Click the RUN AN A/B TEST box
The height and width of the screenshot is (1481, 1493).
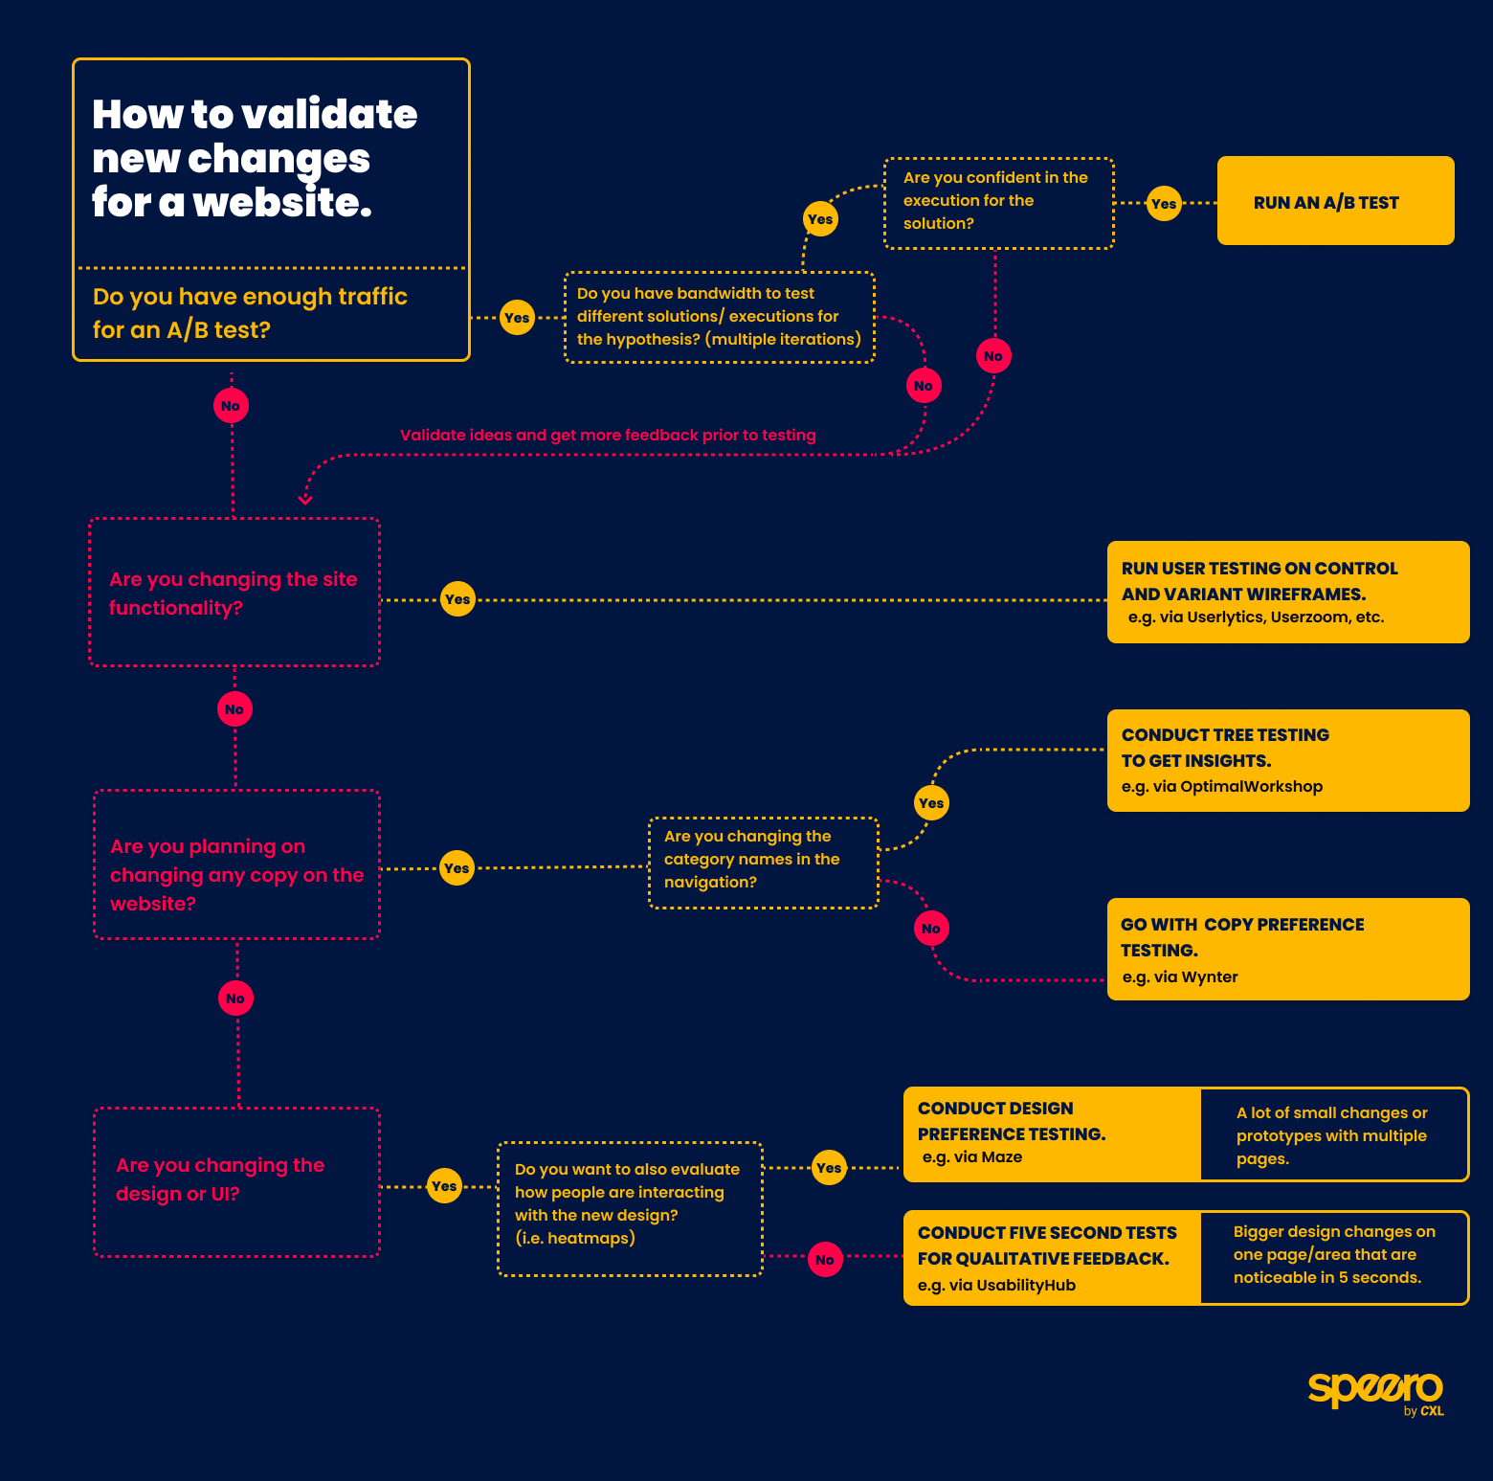pyautogui.click(x=1335, y=201)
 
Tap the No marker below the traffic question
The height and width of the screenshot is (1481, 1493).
pyautogui.click(x=231, y=406)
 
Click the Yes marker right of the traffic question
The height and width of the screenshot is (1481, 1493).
pyautogui.click(x=517, y=318)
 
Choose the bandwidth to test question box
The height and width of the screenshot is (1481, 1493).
pyautogui.click(x=720, y=317)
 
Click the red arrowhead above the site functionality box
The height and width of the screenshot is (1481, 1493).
pyautogui.click(x=305, y=499)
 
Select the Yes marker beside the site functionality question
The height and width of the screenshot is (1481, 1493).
pyautogui.click(x=457, y=599)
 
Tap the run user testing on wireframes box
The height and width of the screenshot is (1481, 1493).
pyautogui.click(x=1287, y=592)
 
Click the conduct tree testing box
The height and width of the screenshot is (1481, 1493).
pyautogui.click(x=1287, y=760)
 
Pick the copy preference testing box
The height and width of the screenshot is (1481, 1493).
pyautogui.click(x=1287, y=949)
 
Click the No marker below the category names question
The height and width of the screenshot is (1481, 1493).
pyautogui.click(x=931, y=929)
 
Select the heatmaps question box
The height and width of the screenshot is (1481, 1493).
pyautogui.click(x=630, y=1208)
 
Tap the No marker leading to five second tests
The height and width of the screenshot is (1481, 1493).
pyautogui.click(x=825, y=1260)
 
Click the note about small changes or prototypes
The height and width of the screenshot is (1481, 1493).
pyautogui.click(x=1333, y=1135)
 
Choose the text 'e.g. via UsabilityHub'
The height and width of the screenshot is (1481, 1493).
pyautogui.click(x=996, y=1285)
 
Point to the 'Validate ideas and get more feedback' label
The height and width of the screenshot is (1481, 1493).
pyautogui.click(x=608, y=436)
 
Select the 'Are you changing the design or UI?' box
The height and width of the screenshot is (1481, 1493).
pyautogui.click(x=236, y=1181)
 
